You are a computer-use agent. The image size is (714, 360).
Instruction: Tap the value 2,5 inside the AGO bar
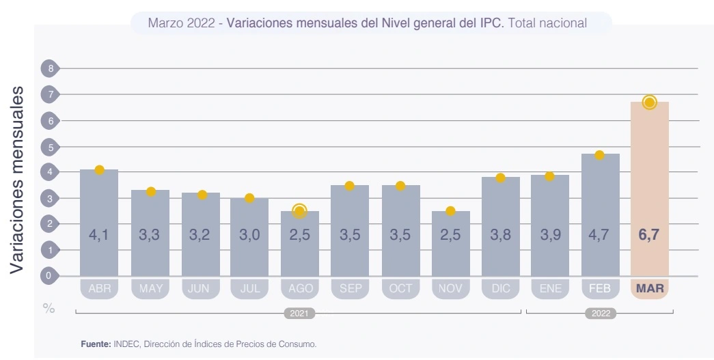point(299,235)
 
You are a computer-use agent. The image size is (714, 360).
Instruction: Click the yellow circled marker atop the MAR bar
point(649,102)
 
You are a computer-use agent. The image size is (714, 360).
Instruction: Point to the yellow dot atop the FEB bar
point(599,155)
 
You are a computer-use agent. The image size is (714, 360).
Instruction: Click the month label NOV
point(450,288)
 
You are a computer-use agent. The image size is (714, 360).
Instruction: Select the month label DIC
point(501,288)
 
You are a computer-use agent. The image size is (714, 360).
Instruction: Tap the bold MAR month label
point(649,288)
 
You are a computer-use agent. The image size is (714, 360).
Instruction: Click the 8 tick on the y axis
point(49,68)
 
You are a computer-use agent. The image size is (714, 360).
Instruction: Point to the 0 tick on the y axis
point(49,276)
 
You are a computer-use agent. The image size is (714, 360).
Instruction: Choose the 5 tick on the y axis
point(49,146)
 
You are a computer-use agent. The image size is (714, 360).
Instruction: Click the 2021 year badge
point(299,314)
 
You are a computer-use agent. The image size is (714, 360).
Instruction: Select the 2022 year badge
point(600,314)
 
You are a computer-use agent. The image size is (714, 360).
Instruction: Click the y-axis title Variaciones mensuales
point(18,181)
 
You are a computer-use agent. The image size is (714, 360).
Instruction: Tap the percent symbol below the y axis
point(49,308)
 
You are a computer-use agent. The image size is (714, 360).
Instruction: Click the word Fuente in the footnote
point(95,344)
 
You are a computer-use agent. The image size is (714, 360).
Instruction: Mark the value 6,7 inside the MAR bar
point(649,235)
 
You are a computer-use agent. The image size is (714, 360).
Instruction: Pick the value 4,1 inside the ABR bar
point(99,235)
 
